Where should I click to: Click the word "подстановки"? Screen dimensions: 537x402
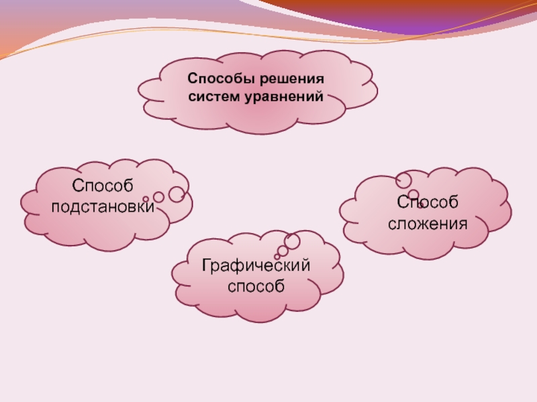pyautogui.click(x=103, y=206)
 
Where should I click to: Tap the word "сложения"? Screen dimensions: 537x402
pyautogui.click(x=428, y=222)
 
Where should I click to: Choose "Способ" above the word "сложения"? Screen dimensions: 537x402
pyautogui.click(x=427, y=202)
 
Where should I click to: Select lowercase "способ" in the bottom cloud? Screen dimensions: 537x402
pyautogui.click(x=256, y=287)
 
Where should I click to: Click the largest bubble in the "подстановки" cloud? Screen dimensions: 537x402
pyautogui.click(x=177, y=194)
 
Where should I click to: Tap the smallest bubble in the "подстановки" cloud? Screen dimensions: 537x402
pyautogui.click(x=146, y=199)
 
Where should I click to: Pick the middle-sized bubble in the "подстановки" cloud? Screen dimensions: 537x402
pyautogui.click(x=159, y=197)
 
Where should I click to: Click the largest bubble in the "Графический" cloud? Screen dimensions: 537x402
pyautogui.click(x=292, y=241)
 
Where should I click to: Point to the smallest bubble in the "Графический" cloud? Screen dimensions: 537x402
pyautogui.click(x=277, y=256)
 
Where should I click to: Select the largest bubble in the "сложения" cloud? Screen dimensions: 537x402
pyautogui.click(x=403, y=180)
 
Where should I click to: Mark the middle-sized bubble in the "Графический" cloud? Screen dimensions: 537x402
pyautogui.click(x=283, y=250)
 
